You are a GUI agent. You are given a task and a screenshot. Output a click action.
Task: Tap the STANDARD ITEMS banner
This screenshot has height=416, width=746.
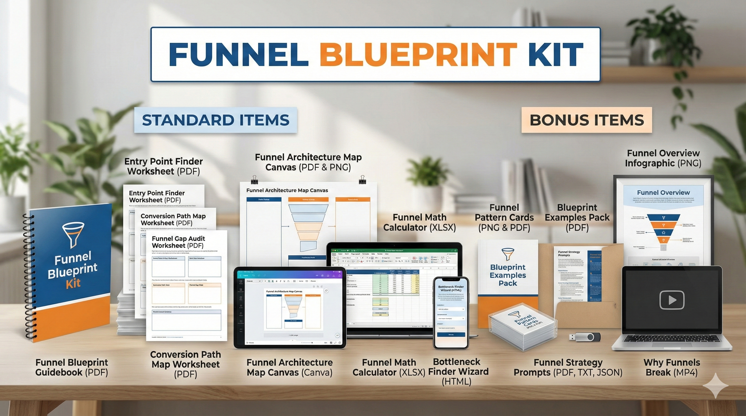pos(216,120)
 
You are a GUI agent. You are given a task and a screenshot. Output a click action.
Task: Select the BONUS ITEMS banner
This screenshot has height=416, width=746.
pos(587,120)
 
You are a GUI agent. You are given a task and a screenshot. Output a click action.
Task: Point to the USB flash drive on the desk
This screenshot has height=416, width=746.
pos(585,337)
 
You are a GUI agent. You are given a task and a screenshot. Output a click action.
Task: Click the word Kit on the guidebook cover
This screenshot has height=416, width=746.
pos(73,284)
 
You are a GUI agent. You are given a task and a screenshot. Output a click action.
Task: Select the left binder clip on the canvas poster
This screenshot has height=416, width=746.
pos(255,180)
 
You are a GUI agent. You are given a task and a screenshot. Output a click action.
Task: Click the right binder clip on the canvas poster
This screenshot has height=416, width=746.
pos(362,180)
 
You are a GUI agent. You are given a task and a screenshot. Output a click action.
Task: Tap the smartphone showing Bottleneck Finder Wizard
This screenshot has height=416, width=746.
pos(451,313)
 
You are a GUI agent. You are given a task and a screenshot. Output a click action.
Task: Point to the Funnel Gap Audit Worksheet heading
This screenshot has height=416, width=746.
pos(178,242)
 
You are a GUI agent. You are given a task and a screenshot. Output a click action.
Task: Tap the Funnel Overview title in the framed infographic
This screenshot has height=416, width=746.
pos(663,192)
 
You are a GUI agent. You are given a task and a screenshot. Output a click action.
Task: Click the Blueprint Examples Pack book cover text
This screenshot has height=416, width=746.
pos(508,275)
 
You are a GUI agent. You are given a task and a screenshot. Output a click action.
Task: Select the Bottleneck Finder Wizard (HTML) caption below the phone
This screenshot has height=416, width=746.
pos(458,372)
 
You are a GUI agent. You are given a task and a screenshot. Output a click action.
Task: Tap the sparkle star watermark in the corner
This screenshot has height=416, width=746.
pos(715,386)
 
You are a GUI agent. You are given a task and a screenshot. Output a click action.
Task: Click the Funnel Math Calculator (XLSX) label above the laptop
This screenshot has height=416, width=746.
pos(419,222)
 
